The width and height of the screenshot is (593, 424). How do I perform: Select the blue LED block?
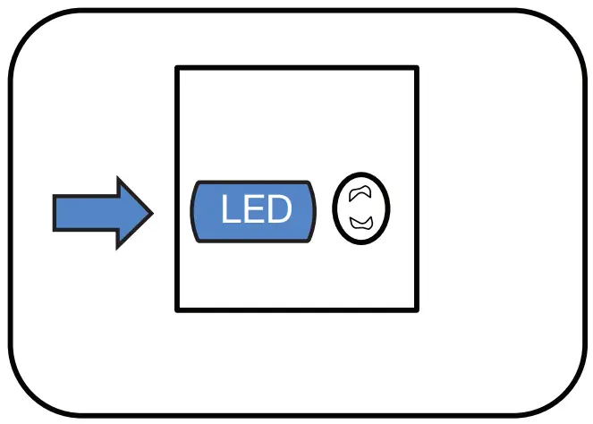click(x=254, y=211)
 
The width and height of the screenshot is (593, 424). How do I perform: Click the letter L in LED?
click(x=231, y=210)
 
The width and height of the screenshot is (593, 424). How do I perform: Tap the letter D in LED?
click(x=278, y=210)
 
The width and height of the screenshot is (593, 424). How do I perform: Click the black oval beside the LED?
click(x=361, y=208)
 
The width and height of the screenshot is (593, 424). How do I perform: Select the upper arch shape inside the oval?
click(x=360, y=191)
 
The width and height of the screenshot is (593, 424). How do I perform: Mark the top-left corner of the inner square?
click(x=177, y=68)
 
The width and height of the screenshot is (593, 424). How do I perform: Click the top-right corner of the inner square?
click(x=417, y=68)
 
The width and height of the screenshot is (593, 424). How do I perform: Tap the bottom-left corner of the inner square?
click(x=177, y=310)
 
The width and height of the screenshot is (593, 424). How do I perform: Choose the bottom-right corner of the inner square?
click(x=417, y=310)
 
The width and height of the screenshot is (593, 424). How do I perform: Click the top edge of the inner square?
click(x=297, y=68)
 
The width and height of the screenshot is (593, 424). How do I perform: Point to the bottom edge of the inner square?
click(x=297, y=310)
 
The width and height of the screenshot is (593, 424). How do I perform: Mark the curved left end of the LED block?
click(x=195, y=211)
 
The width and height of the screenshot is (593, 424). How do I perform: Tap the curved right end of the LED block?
click(x=312, y=211)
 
